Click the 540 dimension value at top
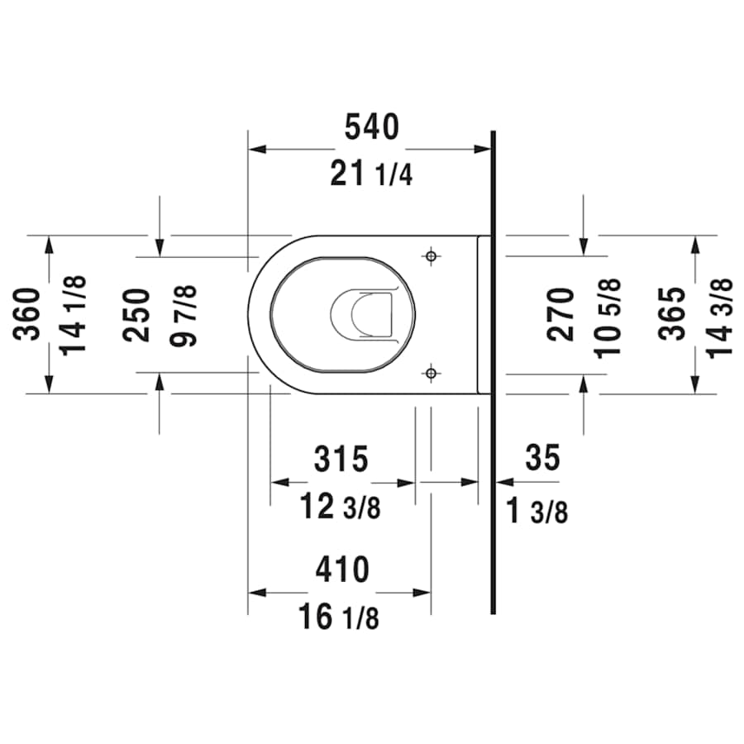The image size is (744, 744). [x=371, y=126]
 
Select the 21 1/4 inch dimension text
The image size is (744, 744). [x=370, y=174]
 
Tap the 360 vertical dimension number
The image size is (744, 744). [x=29, y=314]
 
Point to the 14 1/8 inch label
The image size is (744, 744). [x=74, y=314]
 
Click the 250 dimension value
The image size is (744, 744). [x=137, y=315]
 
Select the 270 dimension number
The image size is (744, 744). [x=562, y=314]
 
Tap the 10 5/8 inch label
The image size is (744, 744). [x=609, y=315]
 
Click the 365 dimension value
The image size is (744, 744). [x=675, y=314]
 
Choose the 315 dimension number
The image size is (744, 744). [x=341, y=459]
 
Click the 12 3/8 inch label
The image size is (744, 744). [x=340, y=506]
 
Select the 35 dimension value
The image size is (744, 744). [x=542, y=457]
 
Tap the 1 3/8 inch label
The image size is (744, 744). [x=537, y=512]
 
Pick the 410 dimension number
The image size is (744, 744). [x=341, y=570]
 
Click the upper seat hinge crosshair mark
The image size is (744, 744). [x=430, y=256]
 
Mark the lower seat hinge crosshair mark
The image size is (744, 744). [x=430, y=374]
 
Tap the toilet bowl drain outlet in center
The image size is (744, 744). [x=361, y=314]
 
